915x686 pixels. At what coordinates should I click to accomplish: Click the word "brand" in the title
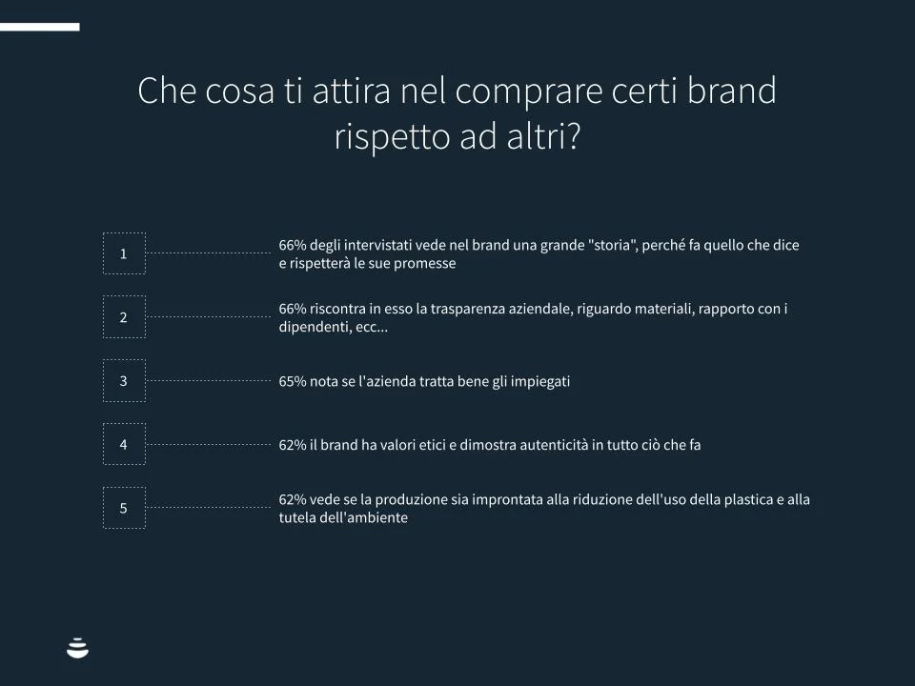pos(731,91)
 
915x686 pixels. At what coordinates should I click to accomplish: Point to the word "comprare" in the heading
pos(529,93)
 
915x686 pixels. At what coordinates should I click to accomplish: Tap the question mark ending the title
pos(573,136)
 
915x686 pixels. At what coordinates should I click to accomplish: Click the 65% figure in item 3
pos(293,381)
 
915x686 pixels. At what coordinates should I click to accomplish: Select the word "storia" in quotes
pos(612,245)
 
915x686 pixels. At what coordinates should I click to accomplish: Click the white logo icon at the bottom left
pos(77,648)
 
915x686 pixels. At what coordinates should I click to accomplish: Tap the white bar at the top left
pos(40,27)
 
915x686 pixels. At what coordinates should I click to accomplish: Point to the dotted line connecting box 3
pos(209,380)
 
